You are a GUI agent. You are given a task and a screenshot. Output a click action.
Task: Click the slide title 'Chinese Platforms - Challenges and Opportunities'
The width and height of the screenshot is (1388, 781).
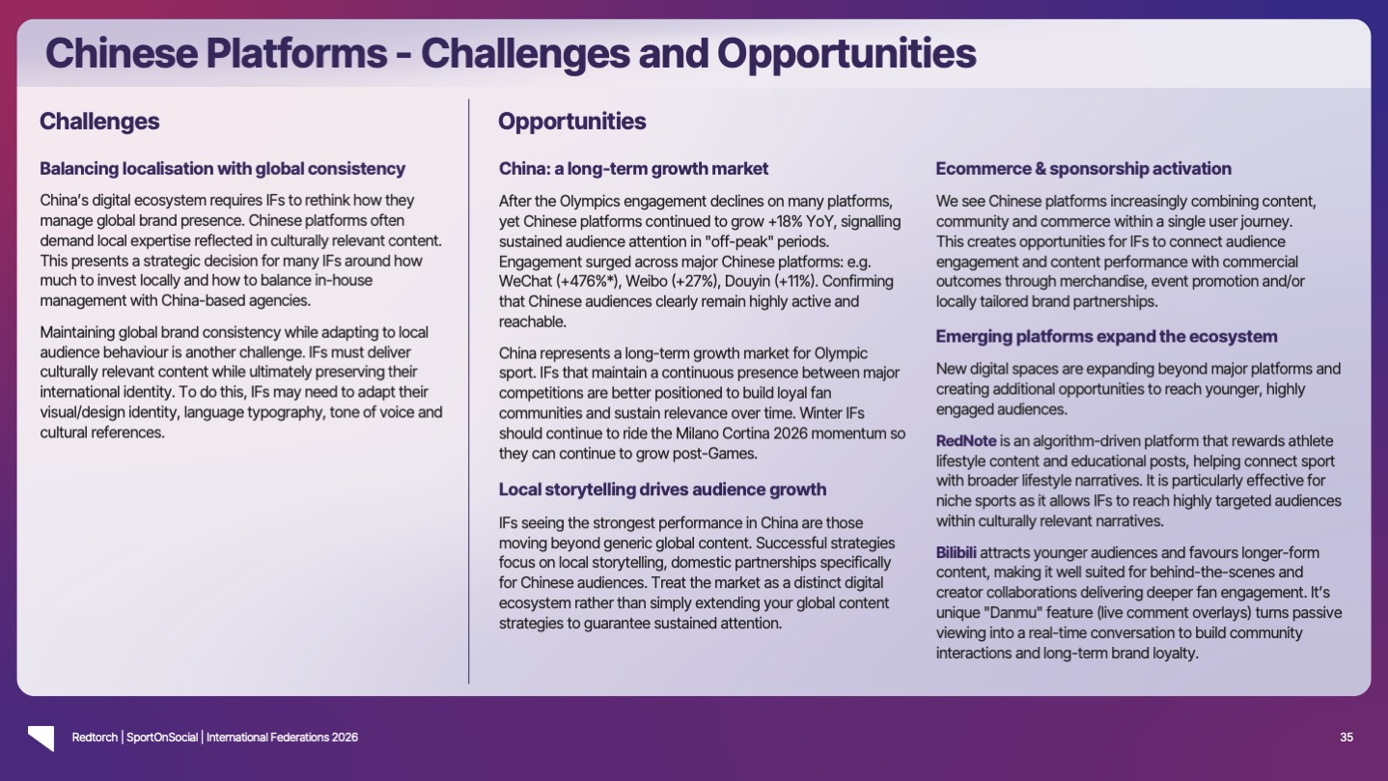click(511, 53)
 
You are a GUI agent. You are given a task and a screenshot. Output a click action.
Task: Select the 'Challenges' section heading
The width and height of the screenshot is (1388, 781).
click(99, 122)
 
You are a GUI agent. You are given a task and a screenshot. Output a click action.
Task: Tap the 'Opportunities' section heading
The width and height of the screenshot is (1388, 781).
click(572, 122)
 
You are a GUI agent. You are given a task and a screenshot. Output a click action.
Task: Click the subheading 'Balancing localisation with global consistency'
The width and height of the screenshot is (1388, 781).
click(222, 169)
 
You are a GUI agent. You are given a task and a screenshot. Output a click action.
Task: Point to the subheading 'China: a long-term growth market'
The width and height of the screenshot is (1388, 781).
click(633, 169)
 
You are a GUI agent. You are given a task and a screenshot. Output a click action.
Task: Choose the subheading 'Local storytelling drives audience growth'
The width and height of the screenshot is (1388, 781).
click(662, 489)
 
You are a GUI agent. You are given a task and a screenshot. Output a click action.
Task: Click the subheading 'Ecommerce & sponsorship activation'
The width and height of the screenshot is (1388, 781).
click(1083, 169)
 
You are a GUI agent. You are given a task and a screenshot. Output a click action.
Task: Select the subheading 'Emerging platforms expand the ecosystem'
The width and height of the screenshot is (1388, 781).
click(1106, 337)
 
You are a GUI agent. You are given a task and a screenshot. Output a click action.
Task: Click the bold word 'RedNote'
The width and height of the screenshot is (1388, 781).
click(966, 441)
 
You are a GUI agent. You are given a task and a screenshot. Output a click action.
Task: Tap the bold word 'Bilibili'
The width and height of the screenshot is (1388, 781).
click(957, 552)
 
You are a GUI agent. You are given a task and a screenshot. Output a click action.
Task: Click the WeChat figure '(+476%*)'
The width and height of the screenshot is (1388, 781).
click(588, 281)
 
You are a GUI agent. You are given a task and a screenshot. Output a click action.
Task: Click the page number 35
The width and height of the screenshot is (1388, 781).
click(1346, 738)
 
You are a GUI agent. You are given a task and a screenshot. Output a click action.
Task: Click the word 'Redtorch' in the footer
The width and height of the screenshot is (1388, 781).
click(95, 738)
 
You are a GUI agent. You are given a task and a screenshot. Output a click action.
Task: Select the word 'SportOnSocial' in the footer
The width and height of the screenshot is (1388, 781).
click(162, 738)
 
